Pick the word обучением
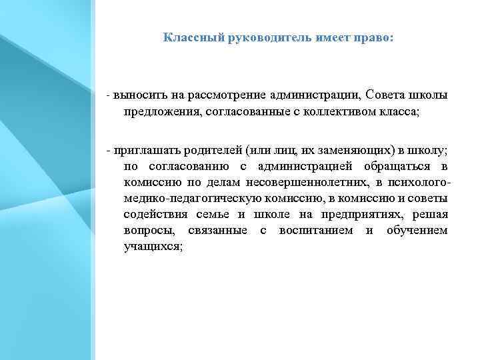point(416,230)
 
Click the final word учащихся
point(153,246)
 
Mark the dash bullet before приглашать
point(108,150)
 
